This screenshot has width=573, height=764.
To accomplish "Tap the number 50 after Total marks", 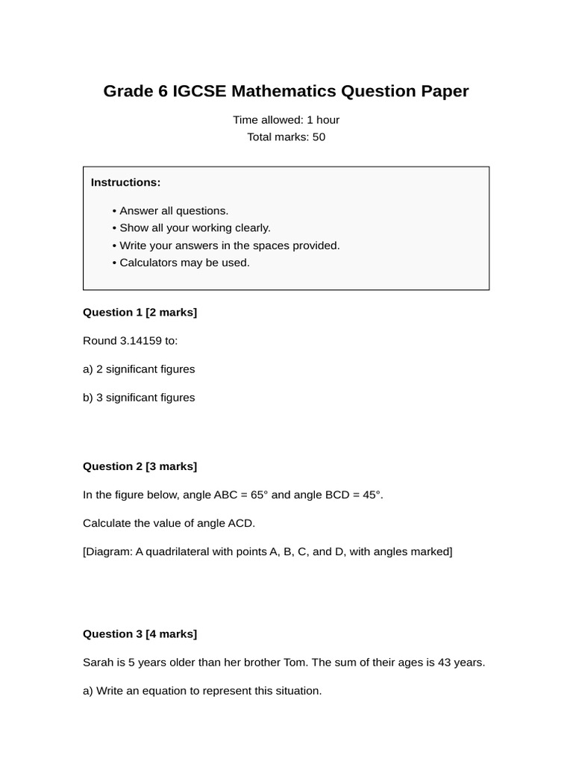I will pyautogui.click(x=319, y=137).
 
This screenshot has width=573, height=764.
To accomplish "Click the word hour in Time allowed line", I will pyautogui.click(x=328, y=120).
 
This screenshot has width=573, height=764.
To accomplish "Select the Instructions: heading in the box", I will pyautogui.click(x=125, y=183).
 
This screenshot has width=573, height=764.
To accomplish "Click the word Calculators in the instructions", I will pyautogui.click(x=147, y=263).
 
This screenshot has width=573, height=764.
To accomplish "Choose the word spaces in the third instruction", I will pyautogui.click(x=251, y=245).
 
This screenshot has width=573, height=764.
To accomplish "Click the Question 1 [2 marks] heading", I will pyautogui.click(x=140, y=313).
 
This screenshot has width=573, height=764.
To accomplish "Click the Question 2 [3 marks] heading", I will pyautogui.click(x=140, y=467).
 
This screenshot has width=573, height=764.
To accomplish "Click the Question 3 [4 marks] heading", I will pyautogui.click(x=140, y=634).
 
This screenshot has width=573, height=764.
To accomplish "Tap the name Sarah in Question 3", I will pyautogui.click(x=98, y=663).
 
